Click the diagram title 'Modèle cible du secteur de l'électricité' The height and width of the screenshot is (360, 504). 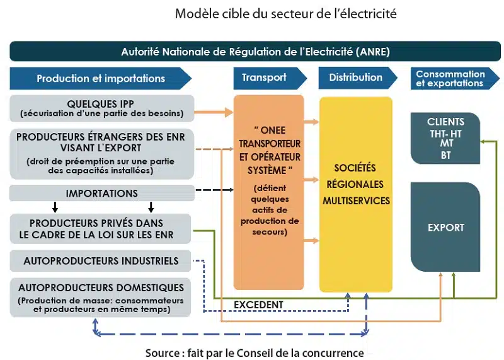click(x=286, y=13)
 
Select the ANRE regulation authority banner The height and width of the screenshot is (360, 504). click(x=255, y=51)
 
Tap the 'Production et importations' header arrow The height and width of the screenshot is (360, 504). click(x=100, y=78)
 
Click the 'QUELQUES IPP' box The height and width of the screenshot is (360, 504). click(x=101, y=108)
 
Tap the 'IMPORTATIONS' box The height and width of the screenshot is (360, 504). click(x=101, y=193)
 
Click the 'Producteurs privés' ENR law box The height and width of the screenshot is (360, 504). click(x=101, y=229)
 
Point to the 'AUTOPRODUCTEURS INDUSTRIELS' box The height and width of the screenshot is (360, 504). click(x=101, y=261)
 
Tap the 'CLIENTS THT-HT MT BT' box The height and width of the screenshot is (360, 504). click(x=445, y=138)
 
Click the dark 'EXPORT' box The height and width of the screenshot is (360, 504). click(x=445, y=227)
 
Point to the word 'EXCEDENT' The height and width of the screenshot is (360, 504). click(x=258, y=305)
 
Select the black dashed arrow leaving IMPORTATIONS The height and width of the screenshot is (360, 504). click(x=214, y=190)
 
